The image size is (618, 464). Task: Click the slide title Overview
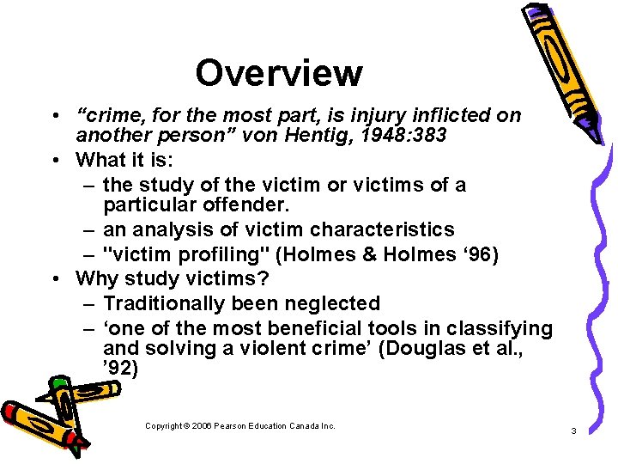click(278, 73)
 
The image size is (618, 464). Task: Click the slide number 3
click(573, 430)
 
